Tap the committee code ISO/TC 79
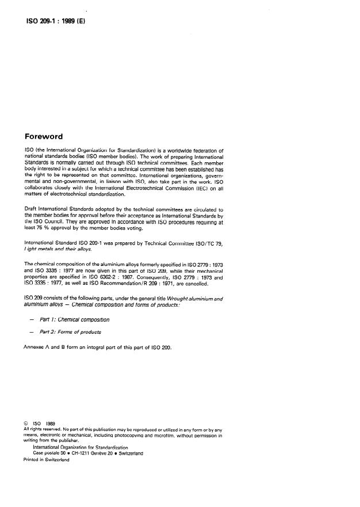click(x=208, y=241)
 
